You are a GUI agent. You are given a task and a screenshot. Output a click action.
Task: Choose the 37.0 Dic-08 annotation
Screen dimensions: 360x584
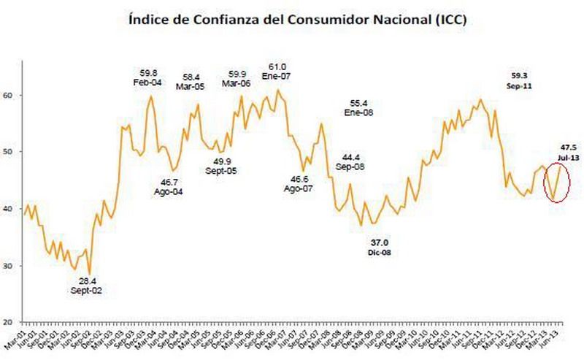pyautogui.click(x=379, y=246)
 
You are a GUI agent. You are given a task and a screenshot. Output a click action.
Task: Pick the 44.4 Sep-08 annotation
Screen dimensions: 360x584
pyautogui.click(x=351, y=162)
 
